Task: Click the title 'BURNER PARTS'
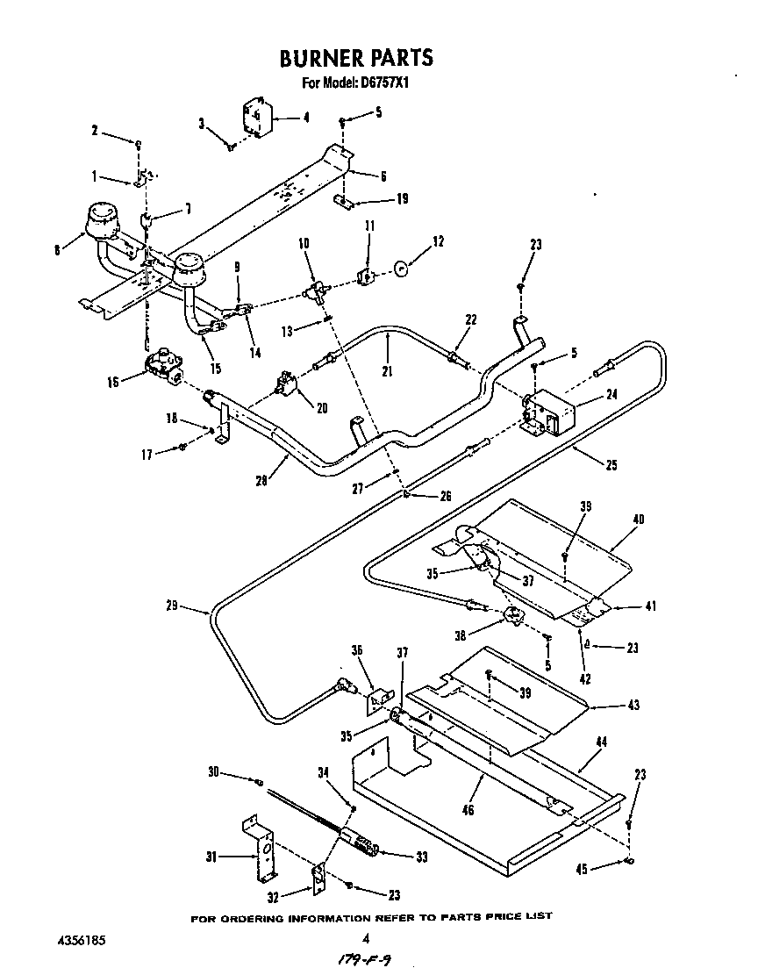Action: [x=355, y=58]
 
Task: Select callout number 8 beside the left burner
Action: [x=58, y=249]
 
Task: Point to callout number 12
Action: [x=438, y=240]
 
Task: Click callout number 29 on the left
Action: [x=171, y=606]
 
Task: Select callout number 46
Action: [x=468, y=810]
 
